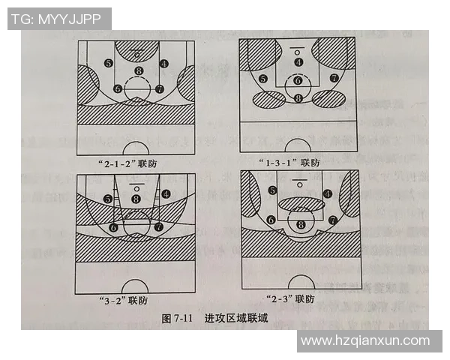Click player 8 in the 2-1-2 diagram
coord(138,71)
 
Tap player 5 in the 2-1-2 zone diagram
coord(109,64)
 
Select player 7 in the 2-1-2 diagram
coord(160,88)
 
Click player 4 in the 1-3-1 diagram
coord(298,62)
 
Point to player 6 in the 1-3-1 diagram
coord(298,80)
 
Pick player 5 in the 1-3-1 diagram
coord(263,78)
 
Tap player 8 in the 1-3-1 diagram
coord(298,98)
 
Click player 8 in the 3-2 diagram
coord(136,199)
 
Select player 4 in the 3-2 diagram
coord(165,193)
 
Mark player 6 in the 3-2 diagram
coord(114,226)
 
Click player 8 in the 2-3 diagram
coord(301,224)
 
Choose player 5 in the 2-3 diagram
coord(271,191)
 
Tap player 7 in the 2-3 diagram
coord(331,220)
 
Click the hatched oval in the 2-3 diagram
coord(301,202)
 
